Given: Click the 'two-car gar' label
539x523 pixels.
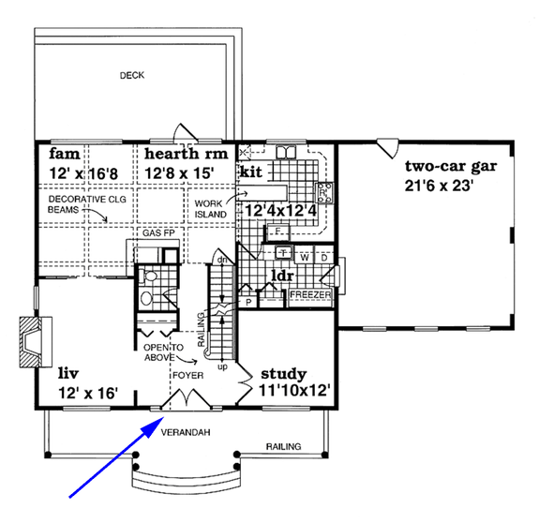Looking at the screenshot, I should [450, 168].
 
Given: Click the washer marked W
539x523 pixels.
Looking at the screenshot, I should [305, 257].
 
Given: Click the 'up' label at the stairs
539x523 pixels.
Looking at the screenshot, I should [222, 366].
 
